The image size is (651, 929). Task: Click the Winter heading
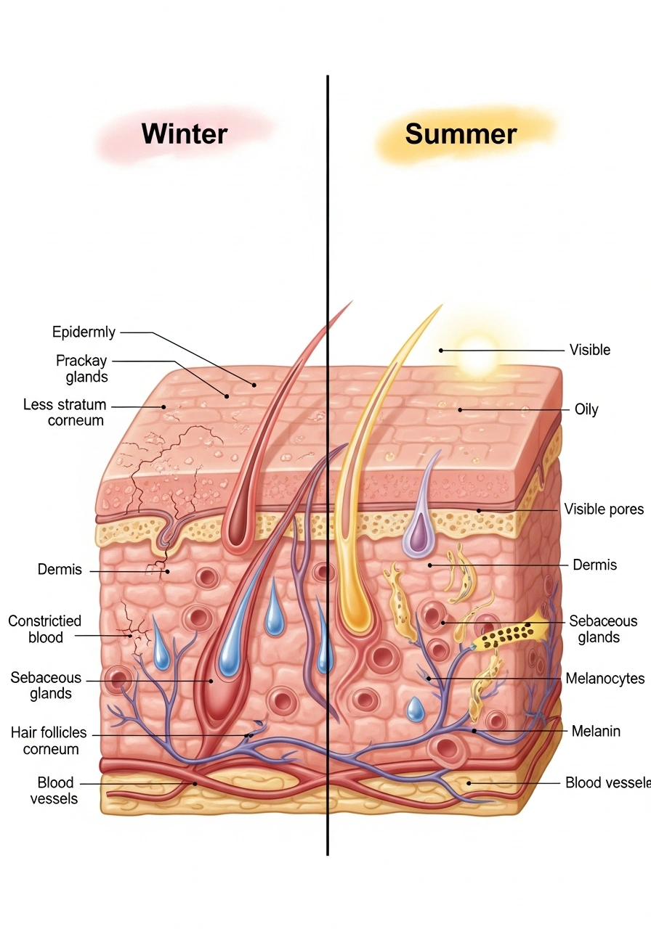pos(185,134)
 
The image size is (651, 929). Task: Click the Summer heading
pos(461,134)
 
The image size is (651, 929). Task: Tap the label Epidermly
pos(84,332)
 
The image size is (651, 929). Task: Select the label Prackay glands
pos(81,369)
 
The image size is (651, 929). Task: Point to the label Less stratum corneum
pos(65,412)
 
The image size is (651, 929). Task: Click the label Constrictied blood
pos(45,629)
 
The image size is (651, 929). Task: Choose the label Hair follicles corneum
pos(49,740)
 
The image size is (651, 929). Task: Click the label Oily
pos(586,409)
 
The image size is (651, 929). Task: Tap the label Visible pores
pos(604,509)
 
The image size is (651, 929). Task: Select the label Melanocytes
pos(604,679)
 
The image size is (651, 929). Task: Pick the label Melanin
pos(596,731)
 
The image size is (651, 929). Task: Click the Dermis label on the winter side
pos(60,570)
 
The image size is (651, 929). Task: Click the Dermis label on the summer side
pos(594,565)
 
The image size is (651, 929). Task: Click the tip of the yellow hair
pos(439,307)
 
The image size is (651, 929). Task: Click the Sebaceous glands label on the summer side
pos(603,629)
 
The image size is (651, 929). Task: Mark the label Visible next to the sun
pos(589,350)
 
